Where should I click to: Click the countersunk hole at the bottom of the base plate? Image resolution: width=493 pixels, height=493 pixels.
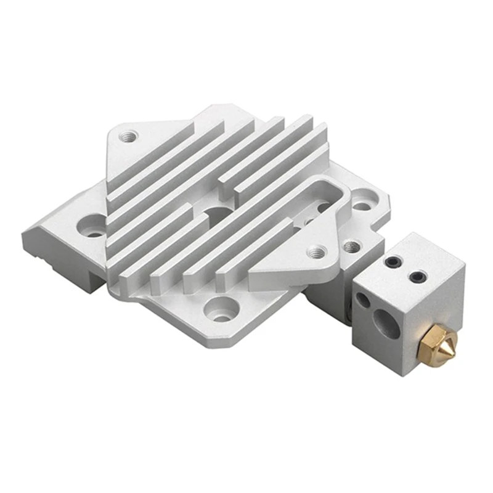point(221,304)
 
